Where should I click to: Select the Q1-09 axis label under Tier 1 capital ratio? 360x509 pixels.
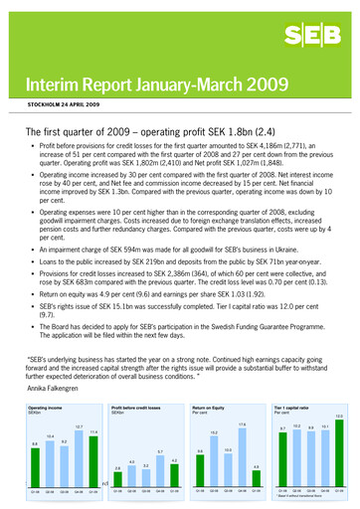338,491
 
